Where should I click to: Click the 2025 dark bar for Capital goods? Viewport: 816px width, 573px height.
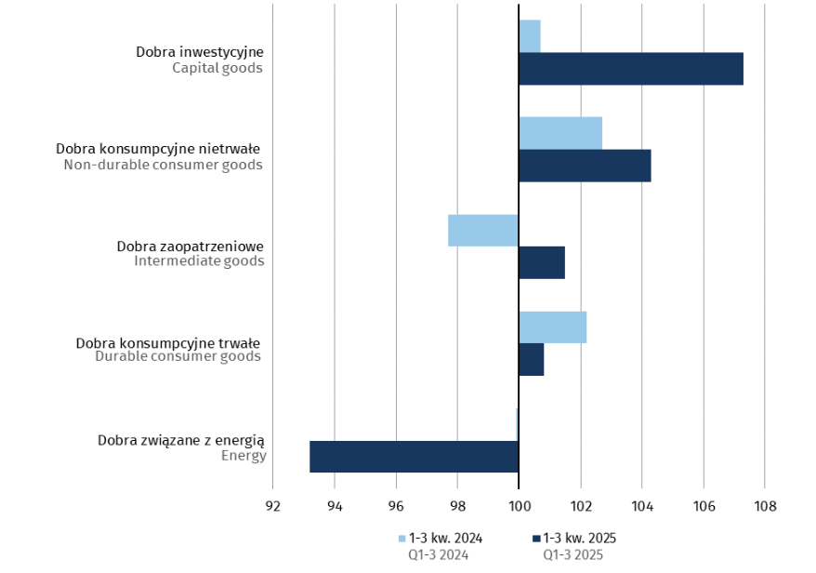tap(631, 69)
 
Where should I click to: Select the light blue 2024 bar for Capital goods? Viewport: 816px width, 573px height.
tap(530, 36)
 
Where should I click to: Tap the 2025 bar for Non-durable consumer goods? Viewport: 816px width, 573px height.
tap(585, 166)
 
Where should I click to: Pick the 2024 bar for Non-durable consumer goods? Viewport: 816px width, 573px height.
tap(560, 133)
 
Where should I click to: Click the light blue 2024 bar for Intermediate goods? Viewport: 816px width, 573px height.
tap(483, 230)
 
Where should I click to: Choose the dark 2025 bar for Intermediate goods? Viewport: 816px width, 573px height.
tap(542, 262)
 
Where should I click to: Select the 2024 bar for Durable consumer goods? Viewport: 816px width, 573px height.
tap(553, 327)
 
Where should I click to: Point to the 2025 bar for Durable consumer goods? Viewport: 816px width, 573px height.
tap(532, 359)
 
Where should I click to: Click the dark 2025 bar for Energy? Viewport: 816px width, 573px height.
tap(415, 457)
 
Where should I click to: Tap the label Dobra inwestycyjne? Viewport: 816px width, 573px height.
tap(200, 51)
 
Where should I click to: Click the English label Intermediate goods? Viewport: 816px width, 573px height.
tap(199, 261)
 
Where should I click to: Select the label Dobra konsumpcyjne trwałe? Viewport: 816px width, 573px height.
tap(167, 341)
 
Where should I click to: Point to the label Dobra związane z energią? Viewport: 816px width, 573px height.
tap(182, 440)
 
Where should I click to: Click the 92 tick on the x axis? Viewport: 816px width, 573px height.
tap(272, 507)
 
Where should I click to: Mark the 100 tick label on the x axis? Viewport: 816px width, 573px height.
tap(519, 507)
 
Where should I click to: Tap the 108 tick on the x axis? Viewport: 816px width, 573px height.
tap(764, 507)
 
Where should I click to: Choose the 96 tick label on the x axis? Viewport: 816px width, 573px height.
tap(396, 507)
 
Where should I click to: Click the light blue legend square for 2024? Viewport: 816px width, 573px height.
tap(401, 539)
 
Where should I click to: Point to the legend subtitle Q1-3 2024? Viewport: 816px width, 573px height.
tap(439, 555)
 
